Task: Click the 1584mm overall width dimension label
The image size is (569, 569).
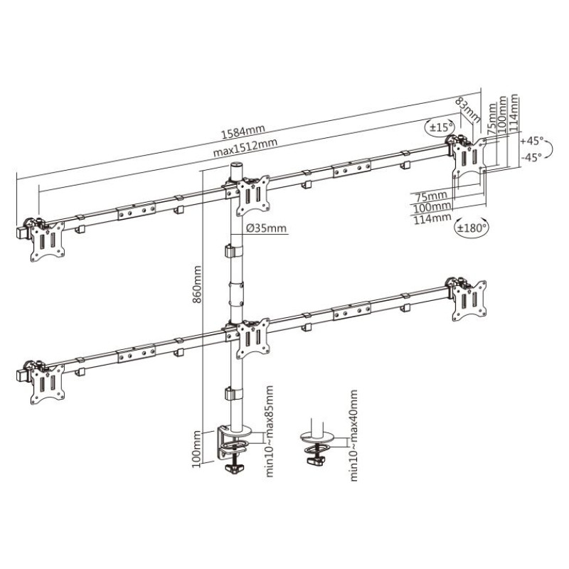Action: point(243,131)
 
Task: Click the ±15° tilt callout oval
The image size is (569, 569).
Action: point(440,127)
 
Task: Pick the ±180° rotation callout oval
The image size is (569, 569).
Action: point(471,228)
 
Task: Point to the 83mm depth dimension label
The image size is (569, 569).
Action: point(467,109)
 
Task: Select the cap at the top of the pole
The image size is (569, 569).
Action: point(235,168)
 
